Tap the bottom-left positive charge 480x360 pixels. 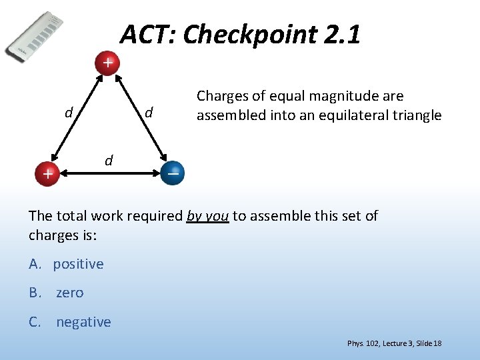47,174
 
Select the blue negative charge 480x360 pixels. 173,173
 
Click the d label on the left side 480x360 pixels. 68,113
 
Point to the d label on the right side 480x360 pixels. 149,113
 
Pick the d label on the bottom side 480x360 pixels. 109,160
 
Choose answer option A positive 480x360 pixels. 67,264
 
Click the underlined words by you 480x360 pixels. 208,216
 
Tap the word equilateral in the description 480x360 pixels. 345,115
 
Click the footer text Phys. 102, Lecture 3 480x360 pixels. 379,343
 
